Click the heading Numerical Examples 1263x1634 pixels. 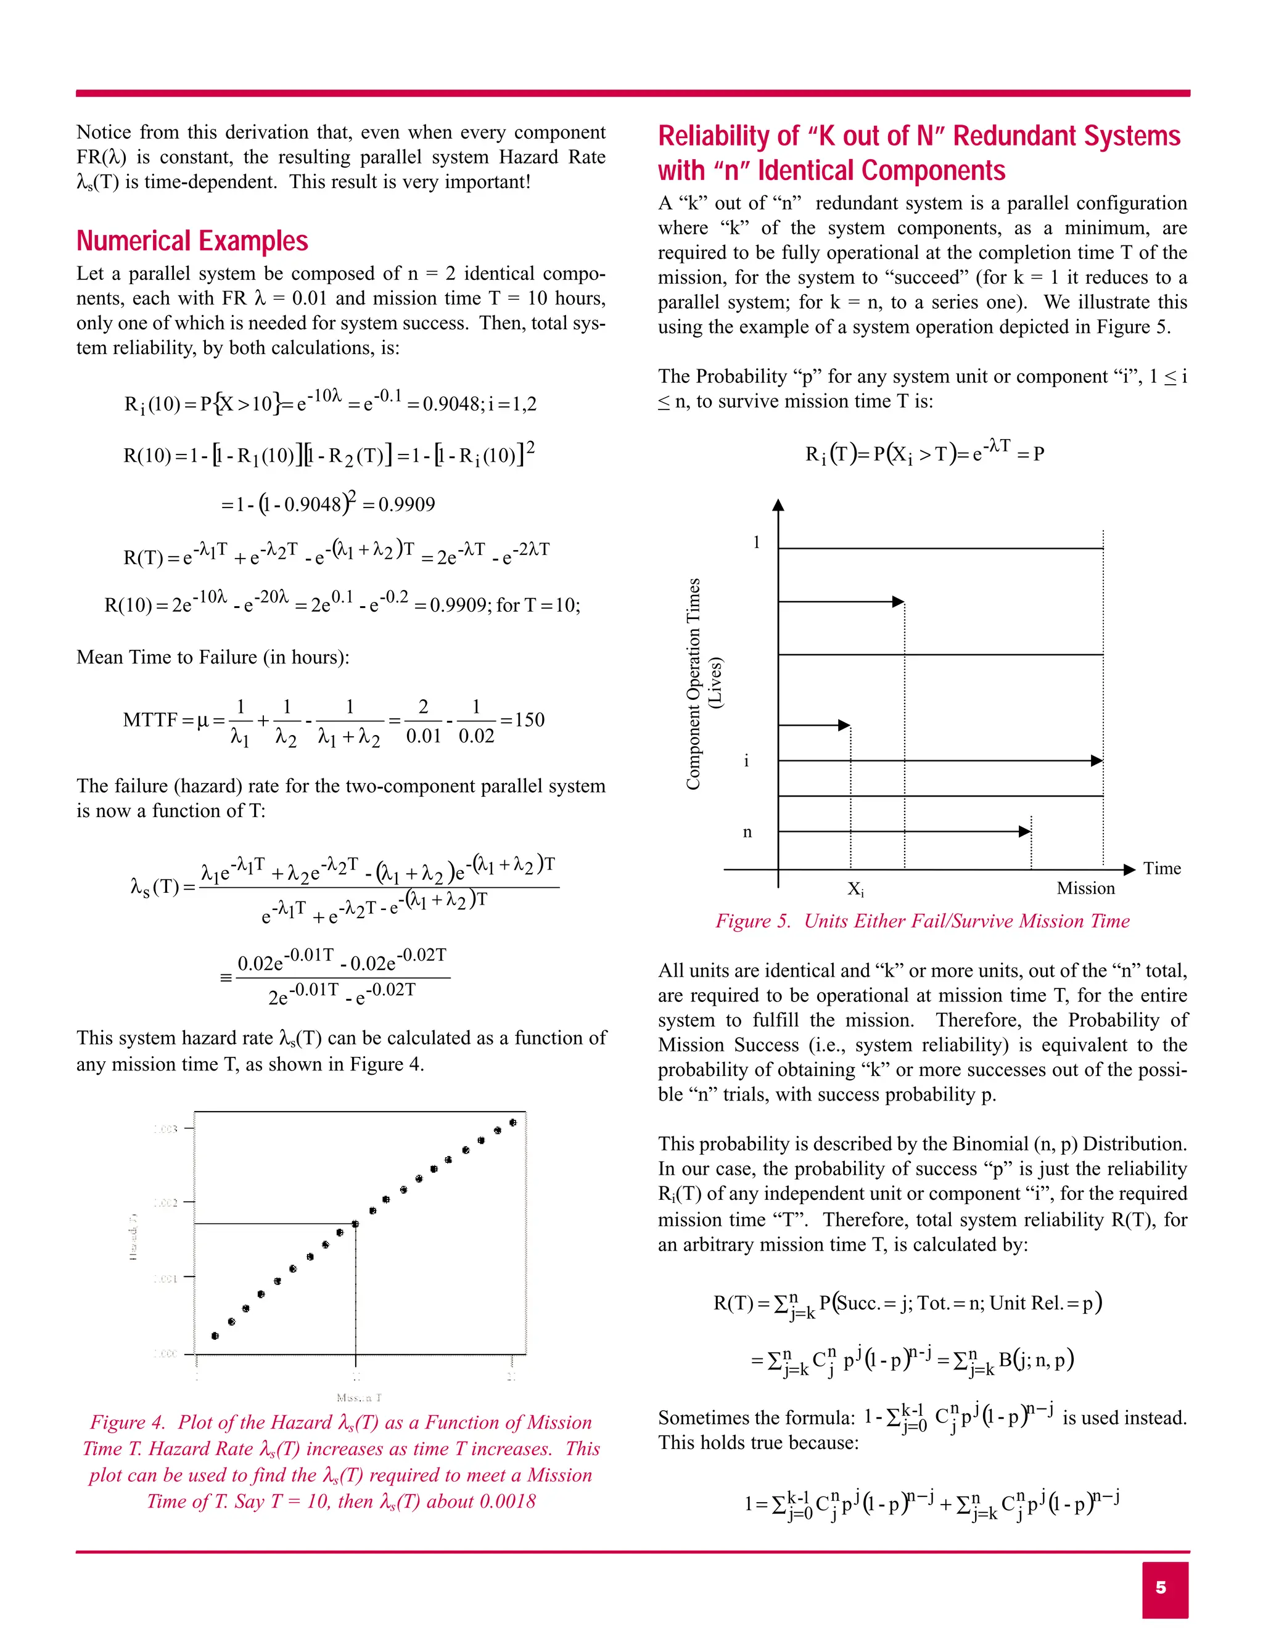click(x=192, y=241)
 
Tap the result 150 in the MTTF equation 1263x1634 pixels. click(x=530, y=720)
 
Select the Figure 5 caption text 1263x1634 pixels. click(x=922, y=921)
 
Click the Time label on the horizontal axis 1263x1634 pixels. click(x=1161, y=869)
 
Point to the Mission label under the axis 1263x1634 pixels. click(x=1085, y=888)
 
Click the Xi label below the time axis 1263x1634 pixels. click(x=855, y=889)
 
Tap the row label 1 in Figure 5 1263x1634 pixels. click(x=757, y=543)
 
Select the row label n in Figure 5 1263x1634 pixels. click(x=747, y=832)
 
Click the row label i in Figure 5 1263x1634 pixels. click(x=746, y=761)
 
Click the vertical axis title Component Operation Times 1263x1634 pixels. click(x=694, y=684)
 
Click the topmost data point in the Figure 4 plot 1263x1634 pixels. click(x=512, y=1122)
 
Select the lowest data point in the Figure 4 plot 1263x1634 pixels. click(x=215, y=1336)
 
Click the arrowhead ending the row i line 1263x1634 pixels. click(x=1097, y=761)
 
